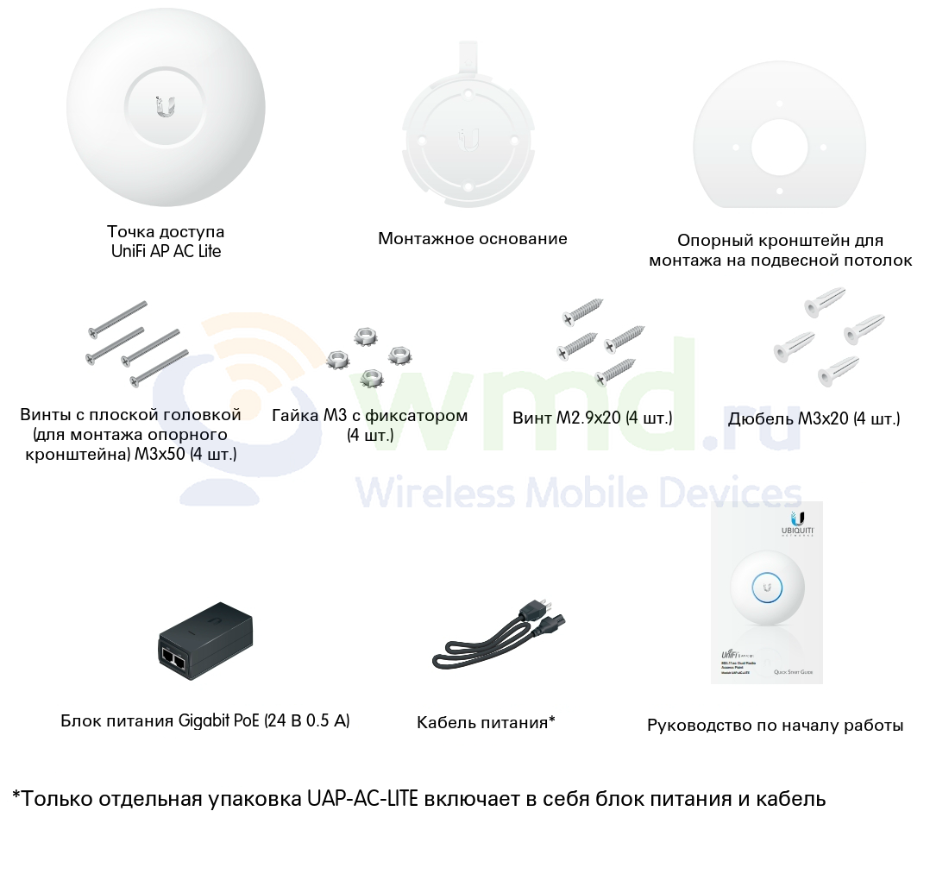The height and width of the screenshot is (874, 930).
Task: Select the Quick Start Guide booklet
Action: click(766, 593)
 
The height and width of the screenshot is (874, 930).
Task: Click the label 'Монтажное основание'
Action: click(473, 239)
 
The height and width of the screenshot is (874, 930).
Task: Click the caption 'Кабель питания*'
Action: click(486, 722)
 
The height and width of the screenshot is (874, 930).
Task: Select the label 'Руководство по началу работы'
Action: click(775, 726)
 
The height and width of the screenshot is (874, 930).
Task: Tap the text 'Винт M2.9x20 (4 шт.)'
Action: click(592, 418)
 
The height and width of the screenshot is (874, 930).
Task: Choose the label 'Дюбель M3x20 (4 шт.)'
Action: click(814, 418)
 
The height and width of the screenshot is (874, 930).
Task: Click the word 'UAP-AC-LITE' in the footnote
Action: click(362, 798)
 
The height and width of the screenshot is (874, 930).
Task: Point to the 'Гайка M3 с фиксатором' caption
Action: click(369, 416)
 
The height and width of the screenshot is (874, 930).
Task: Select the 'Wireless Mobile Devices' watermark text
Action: click(578, 493)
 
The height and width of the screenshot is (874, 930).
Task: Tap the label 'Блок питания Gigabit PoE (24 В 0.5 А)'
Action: click(205, 720)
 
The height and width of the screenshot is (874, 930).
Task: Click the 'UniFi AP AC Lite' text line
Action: click(166, 251)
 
